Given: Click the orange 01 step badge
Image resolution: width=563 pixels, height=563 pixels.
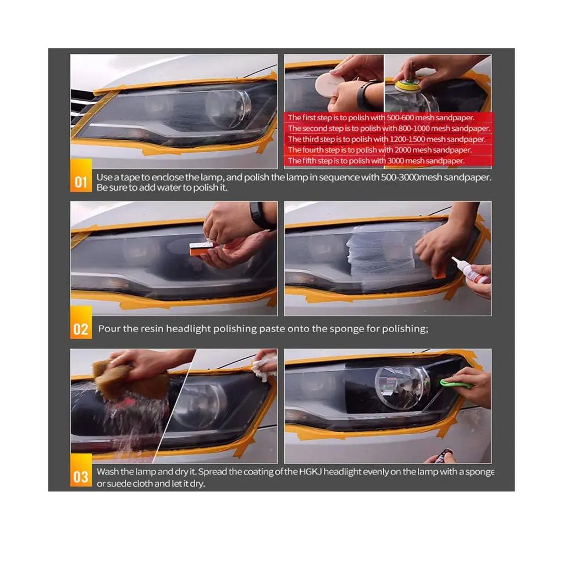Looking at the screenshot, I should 81,181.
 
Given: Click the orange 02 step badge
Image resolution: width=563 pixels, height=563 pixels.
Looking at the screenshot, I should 81,329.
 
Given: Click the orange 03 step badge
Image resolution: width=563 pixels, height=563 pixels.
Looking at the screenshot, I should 81,476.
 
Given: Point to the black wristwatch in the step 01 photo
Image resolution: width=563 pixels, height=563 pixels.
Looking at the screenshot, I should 366,95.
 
